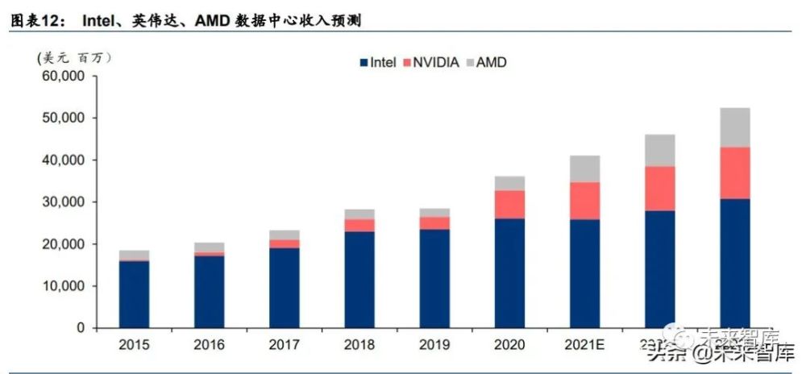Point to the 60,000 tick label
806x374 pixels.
coord(63,77)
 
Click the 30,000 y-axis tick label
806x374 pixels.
coord(63,202)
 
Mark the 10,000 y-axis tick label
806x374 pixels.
coord(63,286)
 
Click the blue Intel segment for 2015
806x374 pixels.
coord(135,294)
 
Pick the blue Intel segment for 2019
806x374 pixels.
coord(434,279)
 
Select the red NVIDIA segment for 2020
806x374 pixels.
coord(509,205)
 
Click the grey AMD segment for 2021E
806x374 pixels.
coord(584,168)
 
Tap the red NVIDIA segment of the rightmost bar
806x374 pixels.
coord(735,172)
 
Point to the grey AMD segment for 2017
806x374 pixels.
coord(285,235)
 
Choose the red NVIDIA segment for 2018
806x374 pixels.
coord(359,225)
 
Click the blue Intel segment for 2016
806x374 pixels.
coord(210,292)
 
